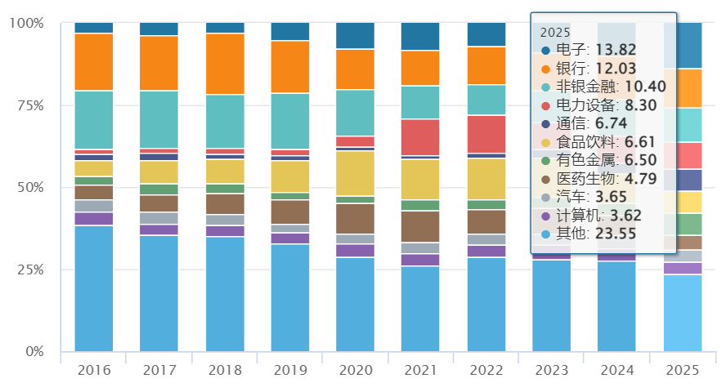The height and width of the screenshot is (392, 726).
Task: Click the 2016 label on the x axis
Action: pos(94,370)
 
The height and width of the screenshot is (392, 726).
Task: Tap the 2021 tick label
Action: pos(420,370)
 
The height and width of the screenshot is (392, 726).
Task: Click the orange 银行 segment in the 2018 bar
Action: pos(225,64)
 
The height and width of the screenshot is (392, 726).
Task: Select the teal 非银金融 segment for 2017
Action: pos(159,119)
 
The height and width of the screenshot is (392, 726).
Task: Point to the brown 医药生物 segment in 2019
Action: pos(289,212)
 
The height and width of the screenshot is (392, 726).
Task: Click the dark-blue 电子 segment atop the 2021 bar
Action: pos(420,37)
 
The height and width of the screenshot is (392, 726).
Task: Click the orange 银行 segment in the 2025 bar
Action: pos(683,88)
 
